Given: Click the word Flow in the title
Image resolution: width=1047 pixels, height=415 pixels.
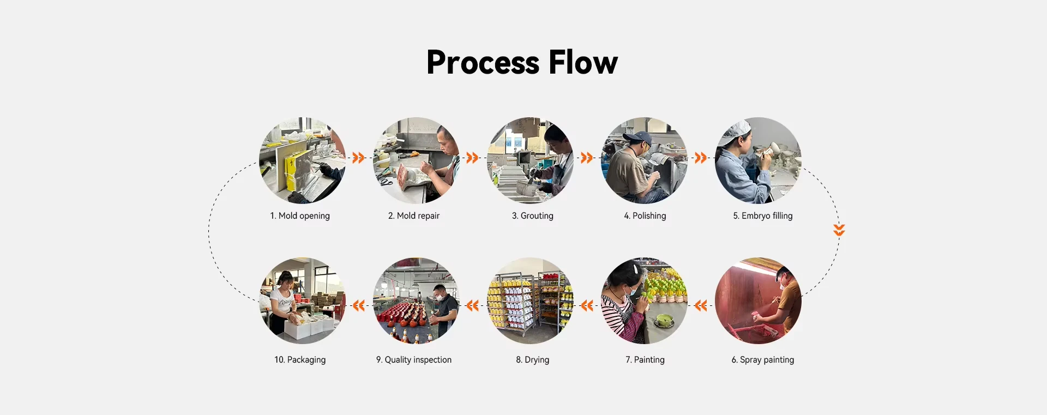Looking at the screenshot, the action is click(x=583, y=62).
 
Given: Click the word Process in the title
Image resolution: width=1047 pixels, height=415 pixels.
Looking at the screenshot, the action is click(x=483, y=62).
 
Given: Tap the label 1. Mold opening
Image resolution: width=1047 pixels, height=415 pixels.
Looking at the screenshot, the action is click(x=300, y=216).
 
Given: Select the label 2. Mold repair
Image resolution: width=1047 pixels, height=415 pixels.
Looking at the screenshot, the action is click(x=414, y=216).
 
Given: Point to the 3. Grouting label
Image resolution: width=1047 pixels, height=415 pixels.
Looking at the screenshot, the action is click(x=533, y=216).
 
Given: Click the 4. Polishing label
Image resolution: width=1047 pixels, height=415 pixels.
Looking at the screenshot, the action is click(x=645, y=216).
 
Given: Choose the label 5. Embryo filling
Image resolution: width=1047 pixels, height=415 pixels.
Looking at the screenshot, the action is click(x=763, y=216).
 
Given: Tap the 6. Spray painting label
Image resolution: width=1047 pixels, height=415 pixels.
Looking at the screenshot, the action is click(x=763, y=360).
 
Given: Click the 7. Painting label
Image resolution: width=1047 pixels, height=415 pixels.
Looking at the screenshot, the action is click(x=645, y=360).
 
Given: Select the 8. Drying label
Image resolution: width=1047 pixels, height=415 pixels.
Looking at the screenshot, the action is click(x=533, y=360).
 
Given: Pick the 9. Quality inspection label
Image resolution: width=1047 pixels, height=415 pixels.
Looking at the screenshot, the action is click(x=414, y=360).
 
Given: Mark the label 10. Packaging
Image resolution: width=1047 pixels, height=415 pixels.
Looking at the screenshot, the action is click(x=300, y=360).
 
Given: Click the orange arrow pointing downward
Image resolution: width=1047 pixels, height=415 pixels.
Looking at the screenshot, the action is click(x=839, y=230).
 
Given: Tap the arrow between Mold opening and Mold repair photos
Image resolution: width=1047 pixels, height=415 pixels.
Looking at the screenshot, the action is click(x=358, y=158).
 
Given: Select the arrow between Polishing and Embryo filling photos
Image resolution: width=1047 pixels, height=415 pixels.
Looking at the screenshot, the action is click(x=701, y=158).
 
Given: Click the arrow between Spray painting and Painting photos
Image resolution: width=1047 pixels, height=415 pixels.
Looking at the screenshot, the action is click(x=701, y=305).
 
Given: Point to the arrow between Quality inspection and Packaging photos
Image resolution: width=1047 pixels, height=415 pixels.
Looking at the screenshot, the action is click(x=358, y=305).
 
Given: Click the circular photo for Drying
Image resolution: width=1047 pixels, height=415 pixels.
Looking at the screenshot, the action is click(x=530, y=300).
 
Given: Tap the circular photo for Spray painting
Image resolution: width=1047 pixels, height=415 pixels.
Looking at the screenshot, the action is click(x=758, y=300).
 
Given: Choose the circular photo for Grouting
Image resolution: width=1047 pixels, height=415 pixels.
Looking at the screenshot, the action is click(x=530, y=160).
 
